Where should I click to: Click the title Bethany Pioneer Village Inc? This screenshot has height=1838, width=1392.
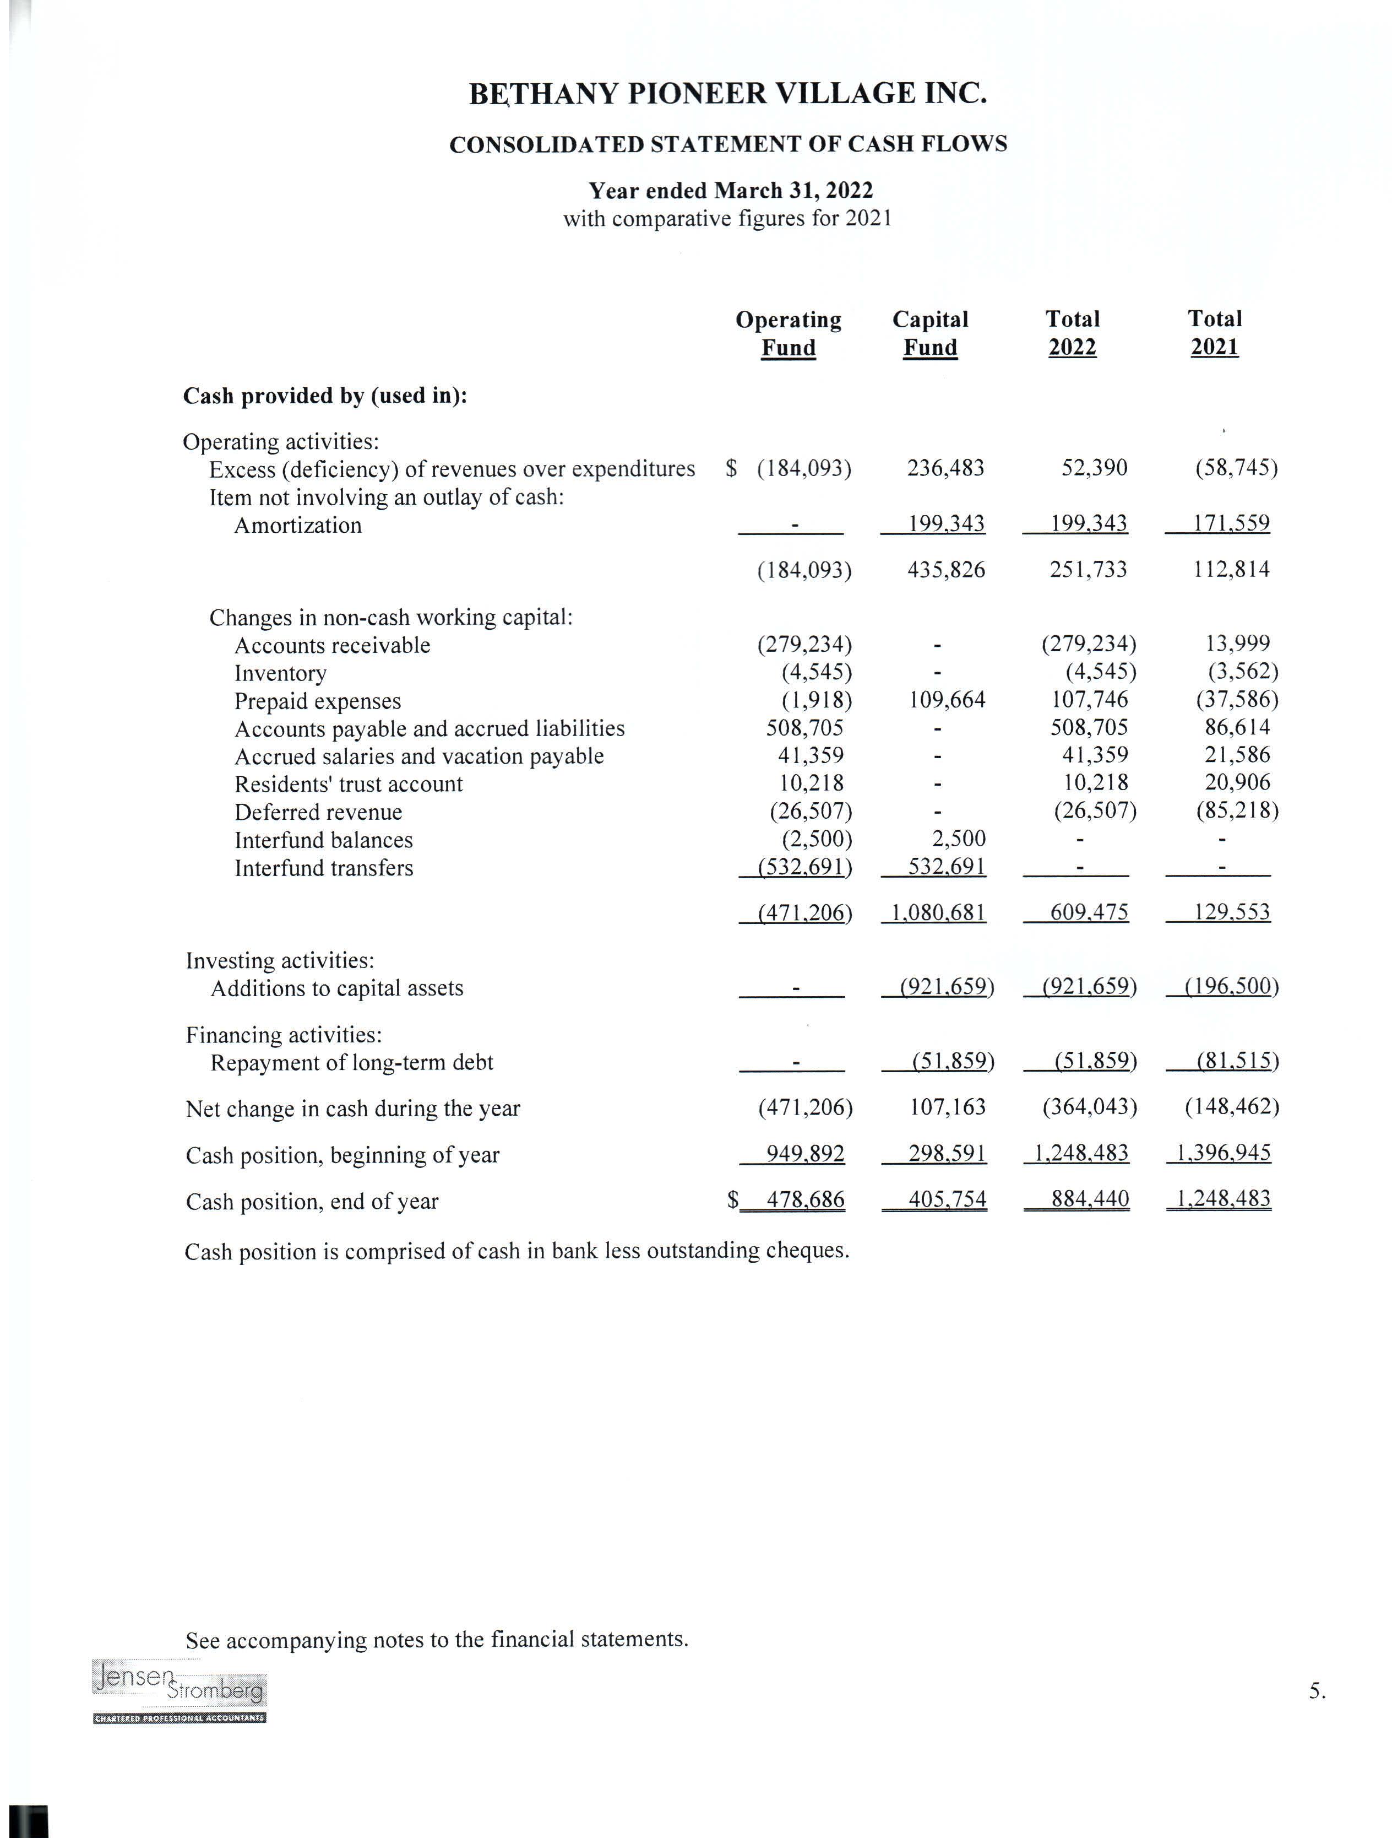[727, 93]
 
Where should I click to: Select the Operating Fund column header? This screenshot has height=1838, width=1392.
[788, 333]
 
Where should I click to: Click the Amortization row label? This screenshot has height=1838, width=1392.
[297, 525]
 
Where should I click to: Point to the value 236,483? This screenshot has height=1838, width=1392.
[945, 468]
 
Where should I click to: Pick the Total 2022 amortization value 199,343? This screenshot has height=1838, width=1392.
[1088, 523]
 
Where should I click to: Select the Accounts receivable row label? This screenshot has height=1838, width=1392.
[332, 646]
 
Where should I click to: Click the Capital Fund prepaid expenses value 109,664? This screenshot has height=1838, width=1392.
[947, 700]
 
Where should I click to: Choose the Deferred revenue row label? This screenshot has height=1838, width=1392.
[318, 812]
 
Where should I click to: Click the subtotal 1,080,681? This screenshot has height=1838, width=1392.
[938, 912]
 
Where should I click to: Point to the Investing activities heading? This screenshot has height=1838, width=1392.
[280, 960]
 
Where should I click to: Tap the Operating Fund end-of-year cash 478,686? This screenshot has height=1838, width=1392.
[805, 1200]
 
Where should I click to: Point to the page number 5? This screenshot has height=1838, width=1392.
[1317, 1691]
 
